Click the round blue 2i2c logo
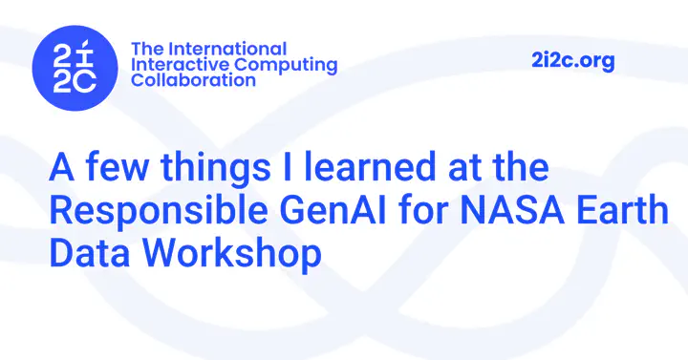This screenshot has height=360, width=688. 75,68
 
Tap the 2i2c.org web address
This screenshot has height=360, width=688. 572,61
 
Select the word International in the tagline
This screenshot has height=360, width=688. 227,49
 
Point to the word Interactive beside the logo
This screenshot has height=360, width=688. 181,65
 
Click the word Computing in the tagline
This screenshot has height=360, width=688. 286,66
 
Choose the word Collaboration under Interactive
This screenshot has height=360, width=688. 193,80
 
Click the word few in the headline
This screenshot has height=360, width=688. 117,166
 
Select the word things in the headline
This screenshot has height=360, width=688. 215,168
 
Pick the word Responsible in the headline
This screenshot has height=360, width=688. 159,212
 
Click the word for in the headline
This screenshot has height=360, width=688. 423,209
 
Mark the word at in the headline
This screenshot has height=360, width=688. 464,167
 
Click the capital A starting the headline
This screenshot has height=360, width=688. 61,166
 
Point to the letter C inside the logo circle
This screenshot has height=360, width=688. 86,82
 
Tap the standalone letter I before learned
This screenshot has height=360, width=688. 288,166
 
